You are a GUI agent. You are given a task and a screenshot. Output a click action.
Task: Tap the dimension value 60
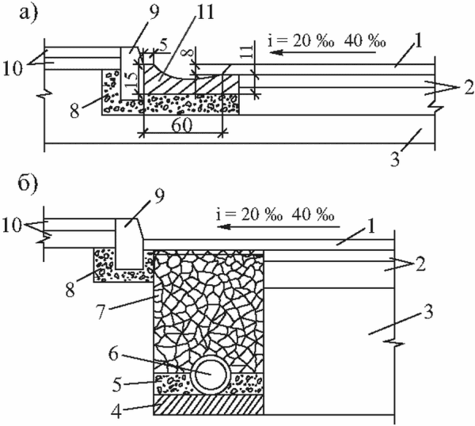click(x=182, y=125)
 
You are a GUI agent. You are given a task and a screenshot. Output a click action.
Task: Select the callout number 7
click(x=101, y=313)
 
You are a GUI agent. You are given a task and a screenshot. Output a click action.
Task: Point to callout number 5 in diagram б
click(x=117, y=385)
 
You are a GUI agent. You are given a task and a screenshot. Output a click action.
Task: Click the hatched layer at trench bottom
click(x=208, y=404)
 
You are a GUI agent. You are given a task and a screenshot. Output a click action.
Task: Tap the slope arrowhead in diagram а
click(x=276, y=53)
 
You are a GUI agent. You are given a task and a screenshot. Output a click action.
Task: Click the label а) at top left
click(x=28, y=13)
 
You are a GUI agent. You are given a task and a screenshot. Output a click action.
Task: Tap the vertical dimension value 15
click(x=131, y=80)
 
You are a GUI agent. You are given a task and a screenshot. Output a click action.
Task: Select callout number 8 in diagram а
click(x=74, y=111)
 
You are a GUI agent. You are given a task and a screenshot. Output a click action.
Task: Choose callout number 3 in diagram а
click(x=395, y=159)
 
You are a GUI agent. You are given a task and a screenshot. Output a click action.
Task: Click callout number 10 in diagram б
click(x=12, y=226)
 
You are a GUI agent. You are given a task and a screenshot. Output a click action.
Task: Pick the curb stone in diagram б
click(x=129, y=244)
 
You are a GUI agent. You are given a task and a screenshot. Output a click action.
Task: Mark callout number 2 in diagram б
click(x=420, y=264)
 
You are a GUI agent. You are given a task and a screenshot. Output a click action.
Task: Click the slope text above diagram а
click(x=326, y=40)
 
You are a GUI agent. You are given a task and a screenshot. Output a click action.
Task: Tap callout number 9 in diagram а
click(x=154, y=13)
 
